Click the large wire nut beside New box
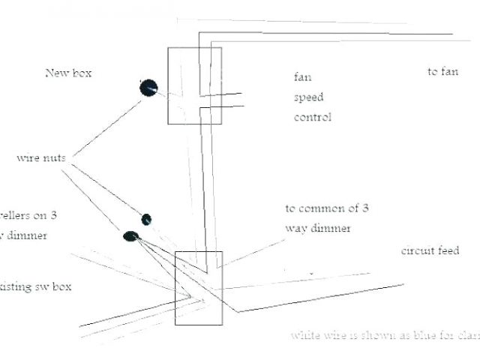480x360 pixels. point(148,88)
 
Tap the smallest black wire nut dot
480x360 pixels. point(147,219)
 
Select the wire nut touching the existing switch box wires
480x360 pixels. point(130,237)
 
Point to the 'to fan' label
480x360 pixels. point(442,72)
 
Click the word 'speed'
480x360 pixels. point(308,97)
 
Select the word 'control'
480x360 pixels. point(312,117)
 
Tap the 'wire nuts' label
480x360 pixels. point(40,158)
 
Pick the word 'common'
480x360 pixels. point(325,208)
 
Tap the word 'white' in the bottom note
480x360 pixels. point(305,335)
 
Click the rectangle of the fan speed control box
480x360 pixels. point(194,85)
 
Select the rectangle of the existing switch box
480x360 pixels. point(198,287)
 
